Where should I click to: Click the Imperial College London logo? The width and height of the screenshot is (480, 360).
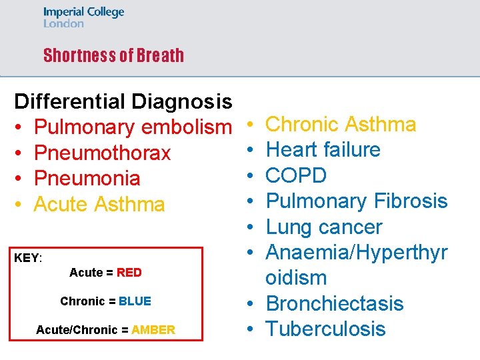click(83, 17)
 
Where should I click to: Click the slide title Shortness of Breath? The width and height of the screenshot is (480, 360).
click(113, 55)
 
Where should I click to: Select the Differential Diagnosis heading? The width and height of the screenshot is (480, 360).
click(123, 102)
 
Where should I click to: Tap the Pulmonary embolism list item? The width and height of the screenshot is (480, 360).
click(132, 127)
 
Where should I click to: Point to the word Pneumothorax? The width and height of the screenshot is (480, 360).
click(103, 153)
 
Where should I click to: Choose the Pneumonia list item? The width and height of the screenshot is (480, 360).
click(87, 178)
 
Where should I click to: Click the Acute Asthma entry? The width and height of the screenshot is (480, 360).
click(99, 203)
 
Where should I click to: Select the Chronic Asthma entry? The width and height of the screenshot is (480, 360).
click(341, 124)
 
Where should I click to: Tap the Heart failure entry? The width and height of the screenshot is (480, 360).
click(323, 149)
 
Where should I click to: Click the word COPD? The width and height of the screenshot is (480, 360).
click(296, 175)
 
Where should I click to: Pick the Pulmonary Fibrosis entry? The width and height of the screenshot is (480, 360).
click(357, 201)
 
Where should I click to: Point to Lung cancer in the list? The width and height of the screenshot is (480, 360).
click(324, 227)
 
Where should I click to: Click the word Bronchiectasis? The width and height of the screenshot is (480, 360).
click(335, 303)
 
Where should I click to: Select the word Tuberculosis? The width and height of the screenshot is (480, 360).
click(325, 329)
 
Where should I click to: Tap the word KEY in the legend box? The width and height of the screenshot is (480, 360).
click(27, 258)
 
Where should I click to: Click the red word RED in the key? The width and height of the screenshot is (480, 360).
click(129, 273)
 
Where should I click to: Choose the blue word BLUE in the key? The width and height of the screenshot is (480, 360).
click(135, 301)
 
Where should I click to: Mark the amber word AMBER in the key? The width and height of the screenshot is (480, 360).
click(153, 330)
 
